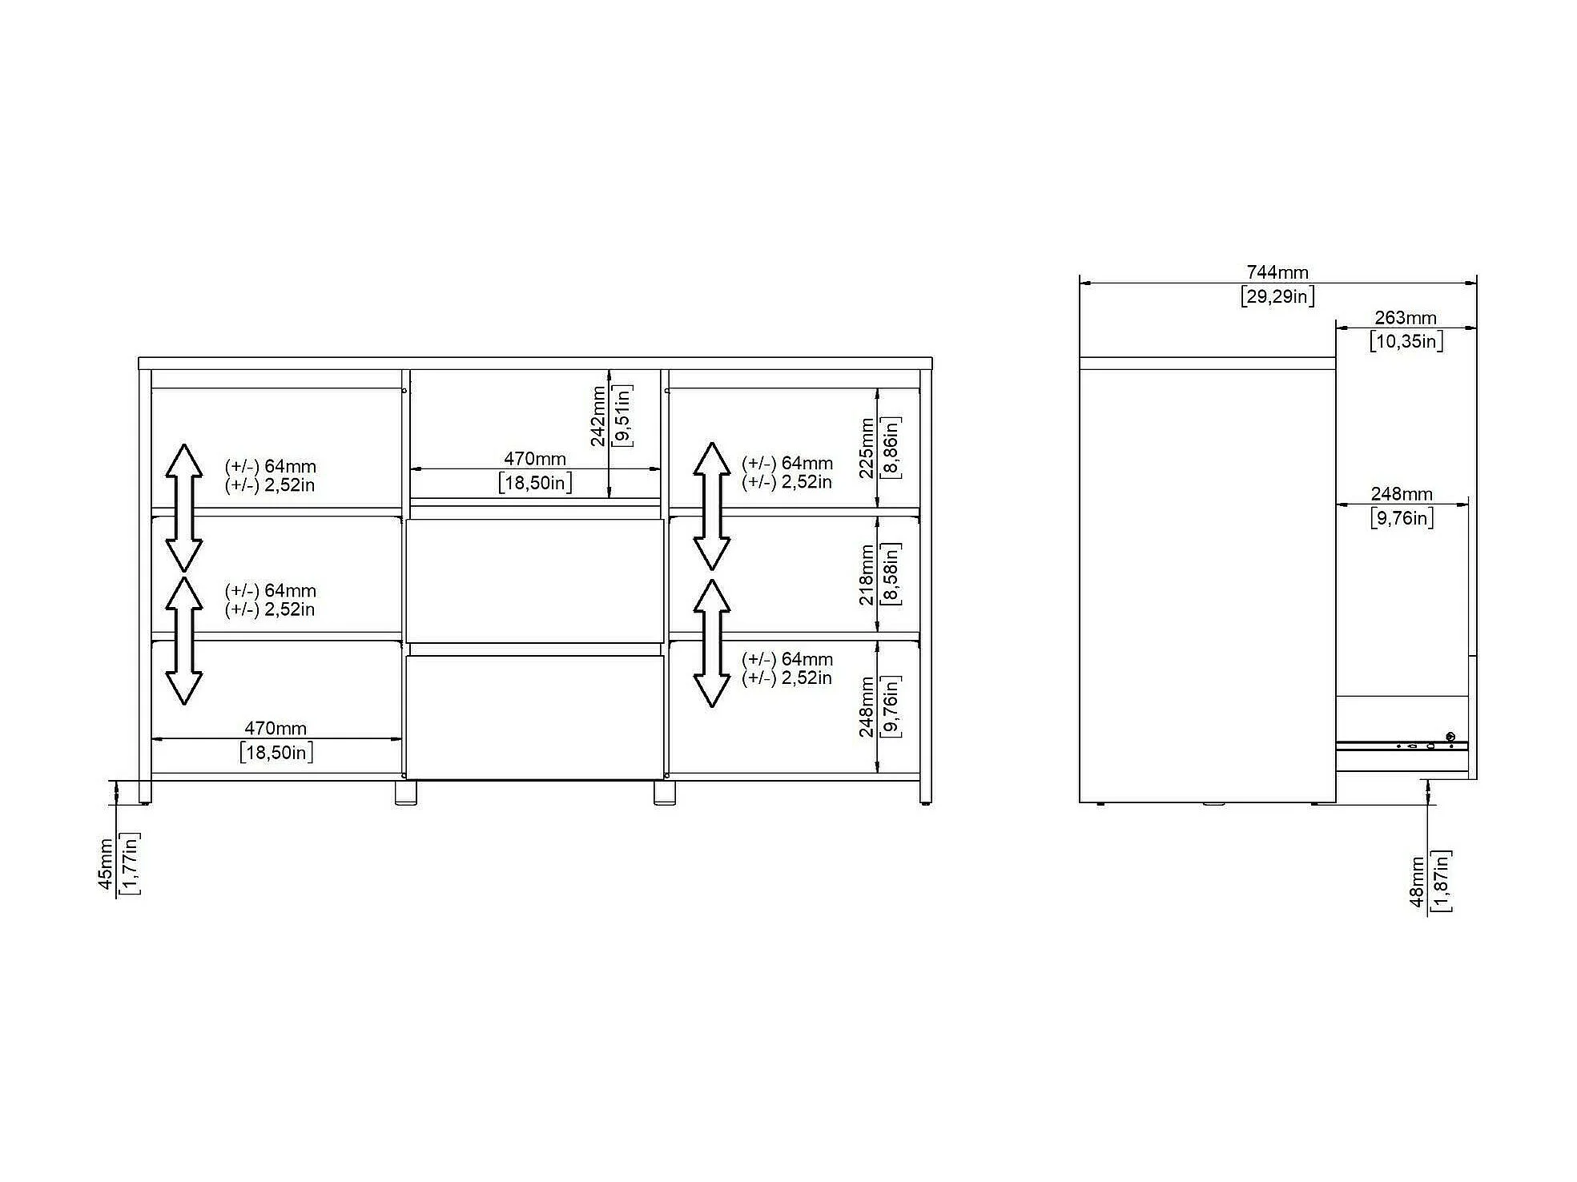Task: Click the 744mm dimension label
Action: pyautogui.click(x=1277, y=272)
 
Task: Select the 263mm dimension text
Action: pyautogui.click(x=1406, y=318)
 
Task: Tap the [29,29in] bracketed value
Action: pyautogui.click(x=1277, y=296)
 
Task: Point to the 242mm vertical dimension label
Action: pyautogui.click(x=597, y=416)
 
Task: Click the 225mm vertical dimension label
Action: pyautogui.click(x=866, y=448)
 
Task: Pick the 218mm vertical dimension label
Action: pyautogui.click(x=866, y=575)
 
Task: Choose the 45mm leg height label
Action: pyautogui.click(x=106, y=864)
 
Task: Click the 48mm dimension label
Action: pyautogui.click(x=1417, y=882)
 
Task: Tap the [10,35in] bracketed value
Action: pyautogui.click(x=1406, y=342)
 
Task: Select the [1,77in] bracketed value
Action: pyautogui.click(x=130, y=863)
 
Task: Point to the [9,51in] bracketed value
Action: pyautogui.click(x=622, y=415)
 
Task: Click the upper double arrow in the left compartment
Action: pyautogui.click(x=183, y=508)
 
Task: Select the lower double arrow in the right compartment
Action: pyautogui.click(x=711, y=643)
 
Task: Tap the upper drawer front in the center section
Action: pyautogui.click(x=535, y=581)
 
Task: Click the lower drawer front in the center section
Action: pyautogui.click(x=535, y=717)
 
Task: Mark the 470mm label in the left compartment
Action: pyautogui.click(x=276, y=728)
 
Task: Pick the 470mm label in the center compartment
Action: pyautogui.click(x=535, y=459)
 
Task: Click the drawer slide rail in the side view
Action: pyautogui.click(x=1402, y=746)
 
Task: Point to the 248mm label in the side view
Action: pyautogui.click(x=1402, y=494)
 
